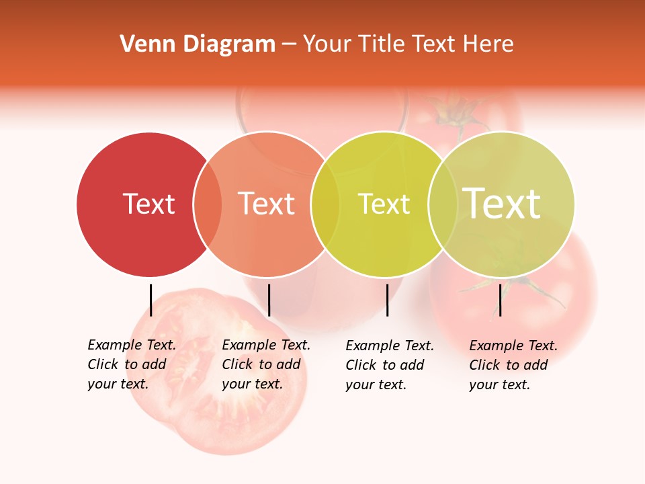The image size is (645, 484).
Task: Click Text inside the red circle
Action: (x=148, y=204)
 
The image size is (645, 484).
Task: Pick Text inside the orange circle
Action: (x=267, y=204)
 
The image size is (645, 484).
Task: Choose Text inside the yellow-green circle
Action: (x=384, y=204)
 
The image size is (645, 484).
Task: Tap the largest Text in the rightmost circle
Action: (x=502, y=203)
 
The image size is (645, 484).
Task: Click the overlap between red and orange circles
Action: (x=208, y=204)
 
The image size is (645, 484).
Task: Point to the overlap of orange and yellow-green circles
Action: (x=326, y=204)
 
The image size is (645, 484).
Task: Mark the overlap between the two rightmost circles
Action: (x=443, y=204)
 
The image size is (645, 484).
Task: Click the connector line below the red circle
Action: (x=150, y=300)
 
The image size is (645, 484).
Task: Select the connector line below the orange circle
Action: (x=269, y=300)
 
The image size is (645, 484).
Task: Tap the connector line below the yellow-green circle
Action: (x=387, y=300)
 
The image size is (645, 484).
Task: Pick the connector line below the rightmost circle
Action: (x=500, y=300)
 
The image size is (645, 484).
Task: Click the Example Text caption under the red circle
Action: (x=131, y=364)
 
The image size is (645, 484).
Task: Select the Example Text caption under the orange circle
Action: (x=265, y=364)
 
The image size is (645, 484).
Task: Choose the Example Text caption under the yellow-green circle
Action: (x=389, y=365)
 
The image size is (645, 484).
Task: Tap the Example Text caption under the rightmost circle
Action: (x=513, y=365)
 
